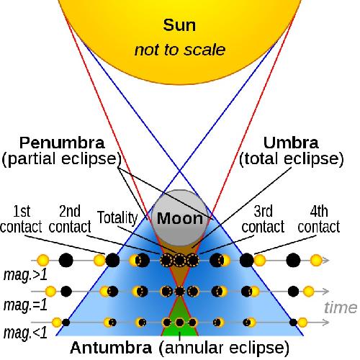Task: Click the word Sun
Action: pyautogui.click(x=179, y=25)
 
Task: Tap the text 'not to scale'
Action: pyautogui.click(x=180, y=50)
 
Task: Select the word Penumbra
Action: pyautogui.click(x=62, y=143)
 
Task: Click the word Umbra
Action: pyautogui.click(x=291, y=143)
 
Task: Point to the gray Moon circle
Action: pyautogui.click(x=180, y=218)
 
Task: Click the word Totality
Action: pyautogui.click(x=117, y=218)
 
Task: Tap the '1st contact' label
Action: pyautogui.click(x=21, y=219)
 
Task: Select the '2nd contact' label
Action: pyautogui.click(x=70, y=219)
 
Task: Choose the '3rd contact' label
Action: pyautogui.click(x=263, y=219)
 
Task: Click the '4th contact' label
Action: pyautogui.click(x=319, y=219)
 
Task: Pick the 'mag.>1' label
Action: pyautogui.click(x=25, y=275)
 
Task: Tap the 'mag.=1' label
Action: pyautogui.click(x=25, y=305)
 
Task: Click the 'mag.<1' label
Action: pyautogui.click(x=25, y=333)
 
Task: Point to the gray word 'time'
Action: pyautogui.click(x=341, y=307)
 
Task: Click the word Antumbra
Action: pyautogui.click(x=111, y=348)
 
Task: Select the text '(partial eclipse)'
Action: pyautogui.click(x=61, y=159)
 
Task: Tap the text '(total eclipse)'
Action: pyautogui.click(x=292, y=159)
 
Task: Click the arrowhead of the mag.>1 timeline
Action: pyautogui.click(x=326, y=261)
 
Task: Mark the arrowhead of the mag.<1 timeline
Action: pyautogui.click(x=326, y=323)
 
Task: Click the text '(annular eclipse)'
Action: pyautogui.click(x=224, y=348)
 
